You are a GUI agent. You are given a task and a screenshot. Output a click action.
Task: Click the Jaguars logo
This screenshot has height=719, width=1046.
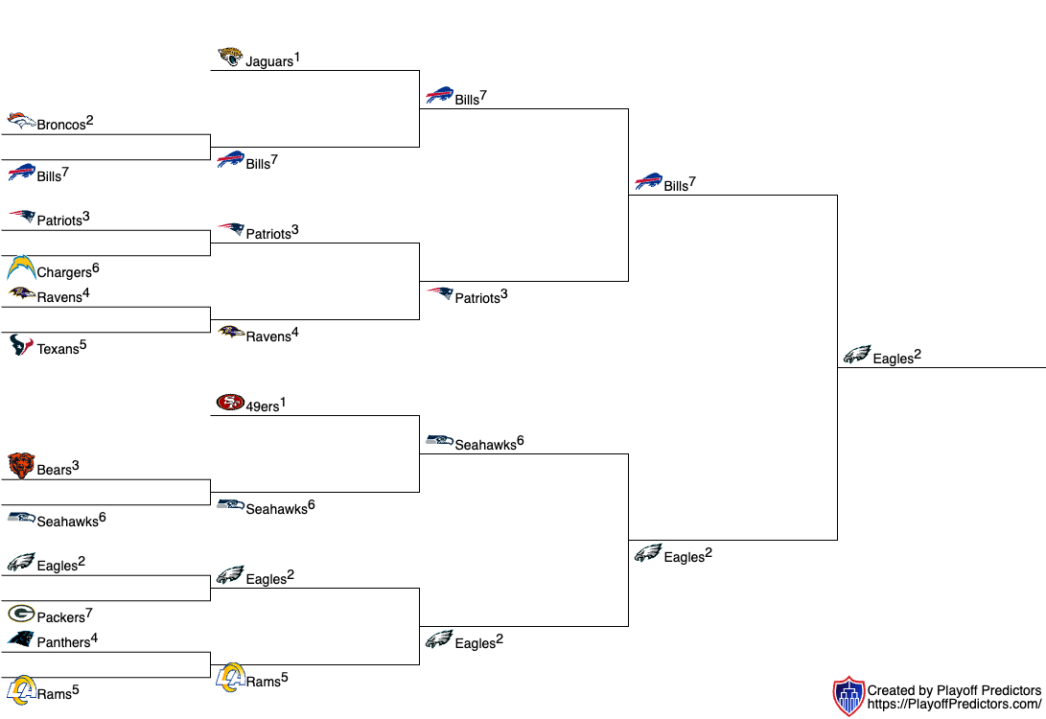pos(230,57)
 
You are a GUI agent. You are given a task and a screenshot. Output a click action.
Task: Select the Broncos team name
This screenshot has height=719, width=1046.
pos(61,125)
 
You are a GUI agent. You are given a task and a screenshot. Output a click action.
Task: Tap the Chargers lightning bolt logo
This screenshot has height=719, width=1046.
pos(21,267)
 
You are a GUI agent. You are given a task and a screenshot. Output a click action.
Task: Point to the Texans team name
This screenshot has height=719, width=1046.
pos(58,349)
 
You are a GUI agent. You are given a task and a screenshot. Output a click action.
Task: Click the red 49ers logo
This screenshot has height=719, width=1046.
pos(230,403)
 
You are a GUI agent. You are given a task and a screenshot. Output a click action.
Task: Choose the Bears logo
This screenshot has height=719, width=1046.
pos(21,466)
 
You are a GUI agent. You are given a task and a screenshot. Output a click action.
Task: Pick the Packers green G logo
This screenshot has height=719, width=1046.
pos(21,613)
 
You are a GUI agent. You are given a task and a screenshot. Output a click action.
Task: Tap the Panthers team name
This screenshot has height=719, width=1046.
pos(63,642)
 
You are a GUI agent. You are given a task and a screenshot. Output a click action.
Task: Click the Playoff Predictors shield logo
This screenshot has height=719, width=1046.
pos(849,696)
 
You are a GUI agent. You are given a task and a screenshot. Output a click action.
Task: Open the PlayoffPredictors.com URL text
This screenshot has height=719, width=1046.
pos(955,705)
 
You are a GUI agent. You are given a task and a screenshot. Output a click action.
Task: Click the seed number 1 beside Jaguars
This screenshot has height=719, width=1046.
pos(297,58)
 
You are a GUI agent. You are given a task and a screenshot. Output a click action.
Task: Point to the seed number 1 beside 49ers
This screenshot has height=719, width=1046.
pos(283,403)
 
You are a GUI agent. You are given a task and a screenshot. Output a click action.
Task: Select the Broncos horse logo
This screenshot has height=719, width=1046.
pos(21,120)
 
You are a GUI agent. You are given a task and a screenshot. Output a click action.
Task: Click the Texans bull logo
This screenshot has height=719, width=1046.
pos(21,345)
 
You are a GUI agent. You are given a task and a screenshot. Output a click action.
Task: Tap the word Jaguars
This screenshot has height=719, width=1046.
pos(269,62)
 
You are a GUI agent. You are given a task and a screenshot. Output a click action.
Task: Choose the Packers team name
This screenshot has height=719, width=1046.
pos(61,617)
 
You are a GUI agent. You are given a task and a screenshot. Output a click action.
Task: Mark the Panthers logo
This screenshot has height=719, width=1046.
pos(21,639)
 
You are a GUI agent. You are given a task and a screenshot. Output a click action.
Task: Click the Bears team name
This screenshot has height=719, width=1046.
pos(54,470)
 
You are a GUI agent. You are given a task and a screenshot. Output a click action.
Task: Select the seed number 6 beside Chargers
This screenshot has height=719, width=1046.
pos(95,268)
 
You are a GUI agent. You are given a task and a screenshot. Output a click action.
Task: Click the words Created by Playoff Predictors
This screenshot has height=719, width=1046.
pos(955,690)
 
